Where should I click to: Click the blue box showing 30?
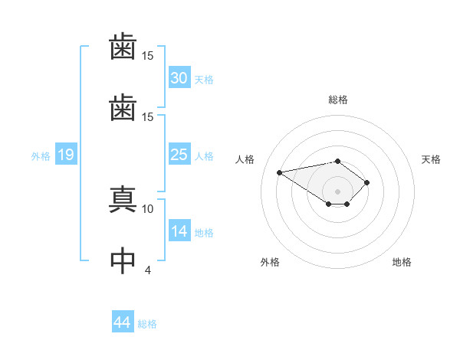[179, 77]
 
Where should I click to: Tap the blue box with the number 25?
[179, 154]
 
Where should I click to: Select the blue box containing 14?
[179, 231]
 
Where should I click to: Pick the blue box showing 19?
[65, 155]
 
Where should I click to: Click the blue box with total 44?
[122, 322]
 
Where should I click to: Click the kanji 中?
[123, 260]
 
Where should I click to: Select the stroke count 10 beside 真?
[148, 208]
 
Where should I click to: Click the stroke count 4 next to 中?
[148, 270]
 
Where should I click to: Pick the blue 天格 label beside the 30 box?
[204, 79]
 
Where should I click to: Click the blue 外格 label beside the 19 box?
[41, 155]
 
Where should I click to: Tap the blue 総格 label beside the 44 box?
[147, 323]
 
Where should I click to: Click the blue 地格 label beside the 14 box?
[204, 233]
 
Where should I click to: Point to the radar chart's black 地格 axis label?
[402, 262]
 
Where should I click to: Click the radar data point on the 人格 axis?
[280, 172]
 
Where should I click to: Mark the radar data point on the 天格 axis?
[367, 182]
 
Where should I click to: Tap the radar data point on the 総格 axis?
[337, 161]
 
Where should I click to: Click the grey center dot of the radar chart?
[337, 191]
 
